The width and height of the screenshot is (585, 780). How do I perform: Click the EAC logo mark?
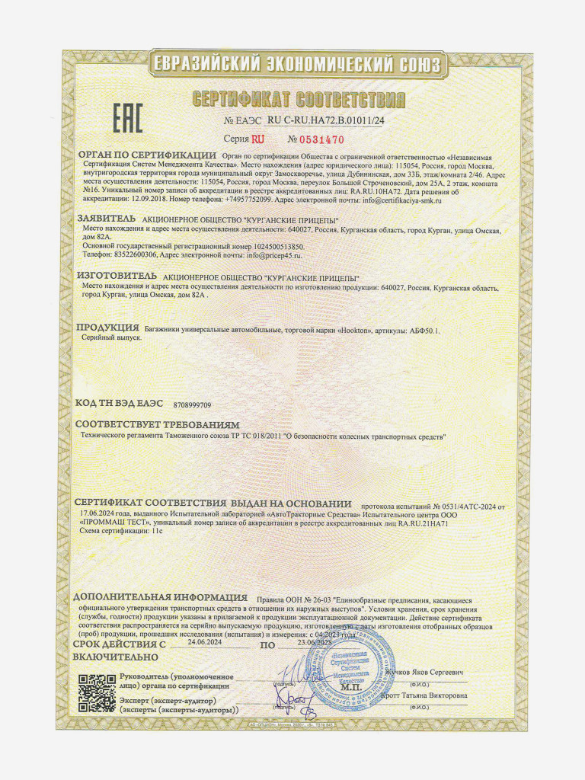click(128, 118)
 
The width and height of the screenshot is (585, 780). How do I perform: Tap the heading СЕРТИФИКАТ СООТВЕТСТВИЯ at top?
click(299, 100)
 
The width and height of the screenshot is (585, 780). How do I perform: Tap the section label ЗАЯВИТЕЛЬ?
click(106, 219)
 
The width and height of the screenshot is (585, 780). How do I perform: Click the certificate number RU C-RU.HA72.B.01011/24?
click(326, 120)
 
